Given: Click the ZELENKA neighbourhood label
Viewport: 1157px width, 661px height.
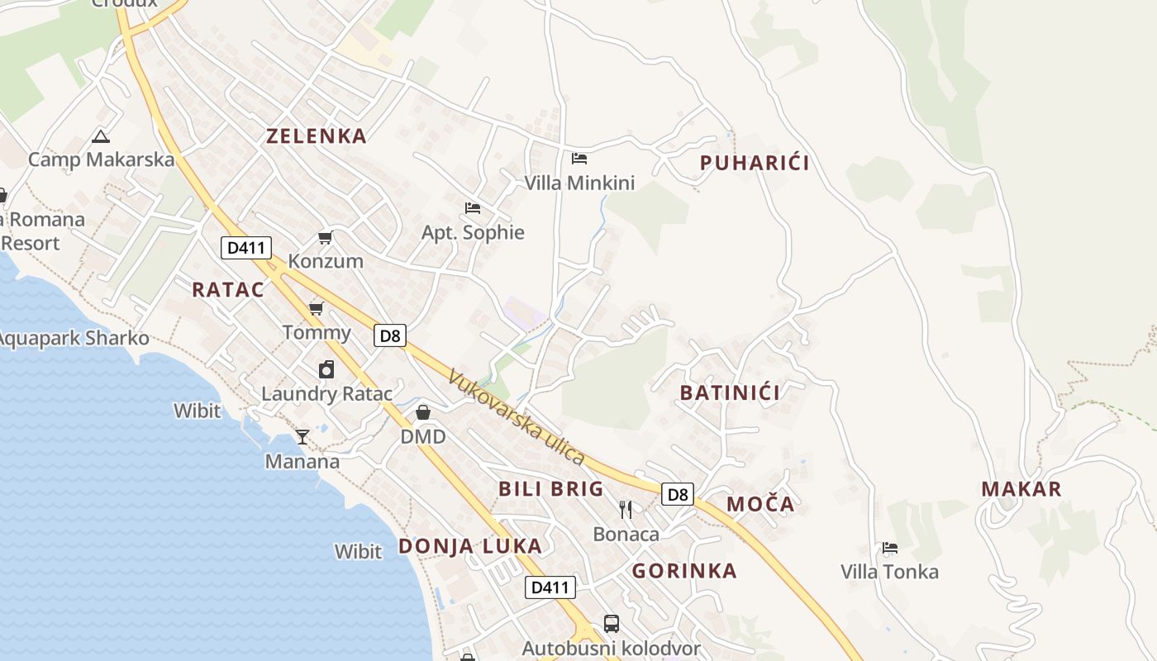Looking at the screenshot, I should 316,136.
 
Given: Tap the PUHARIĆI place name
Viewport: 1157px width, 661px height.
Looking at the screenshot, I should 755,163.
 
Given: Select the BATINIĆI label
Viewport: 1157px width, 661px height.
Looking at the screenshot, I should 730,392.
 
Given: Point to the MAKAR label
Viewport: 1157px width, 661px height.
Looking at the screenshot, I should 1021,488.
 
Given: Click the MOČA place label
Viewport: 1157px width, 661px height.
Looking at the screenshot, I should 760,504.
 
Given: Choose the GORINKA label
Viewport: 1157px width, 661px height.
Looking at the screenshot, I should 684,571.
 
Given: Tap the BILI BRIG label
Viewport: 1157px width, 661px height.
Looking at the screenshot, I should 551,489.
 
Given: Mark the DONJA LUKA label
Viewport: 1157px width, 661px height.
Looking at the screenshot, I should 470,546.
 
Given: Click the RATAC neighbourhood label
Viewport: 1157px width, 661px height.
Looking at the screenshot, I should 228,290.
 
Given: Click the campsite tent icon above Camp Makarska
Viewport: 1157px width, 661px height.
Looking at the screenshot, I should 101,136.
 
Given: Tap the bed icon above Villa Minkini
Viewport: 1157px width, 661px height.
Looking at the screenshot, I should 579,158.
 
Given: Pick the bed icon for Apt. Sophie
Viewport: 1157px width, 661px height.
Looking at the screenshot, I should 473,207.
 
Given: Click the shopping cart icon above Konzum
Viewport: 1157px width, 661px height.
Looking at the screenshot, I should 326,238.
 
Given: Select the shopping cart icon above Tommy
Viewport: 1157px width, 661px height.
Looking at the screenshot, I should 316,309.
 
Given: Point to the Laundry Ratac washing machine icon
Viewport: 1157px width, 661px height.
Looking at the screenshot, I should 326,369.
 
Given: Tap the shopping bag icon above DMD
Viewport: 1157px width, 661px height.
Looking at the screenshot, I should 423,411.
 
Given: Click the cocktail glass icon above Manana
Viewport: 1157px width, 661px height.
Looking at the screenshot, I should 302,436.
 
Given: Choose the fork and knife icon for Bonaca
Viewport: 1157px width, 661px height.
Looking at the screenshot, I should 626,509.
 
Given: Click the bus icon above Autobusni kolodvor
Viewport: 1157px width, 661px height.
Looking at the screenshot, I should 612,624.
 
